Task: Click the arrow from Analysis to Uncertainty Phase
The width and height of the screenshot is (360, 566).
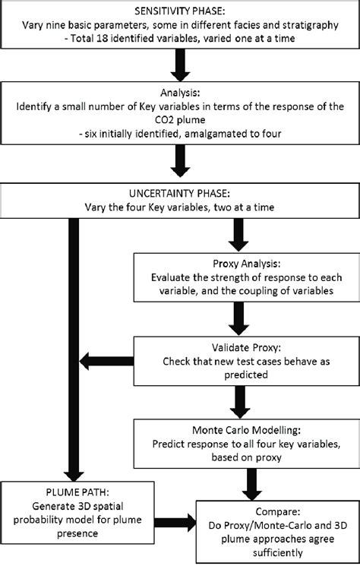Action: click(181, 161)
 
